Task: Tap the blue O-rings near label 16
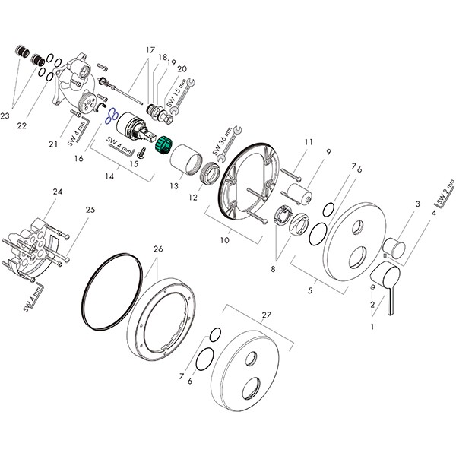pyautogui.click(x=110, y=116)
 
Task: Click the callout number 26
pyautogui.click(x=157, y=249)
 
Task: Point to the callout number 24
pyautogui.click(x=57, y=192)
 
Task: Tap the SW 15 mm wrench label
pyautogui.click(x=174, y=97)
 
